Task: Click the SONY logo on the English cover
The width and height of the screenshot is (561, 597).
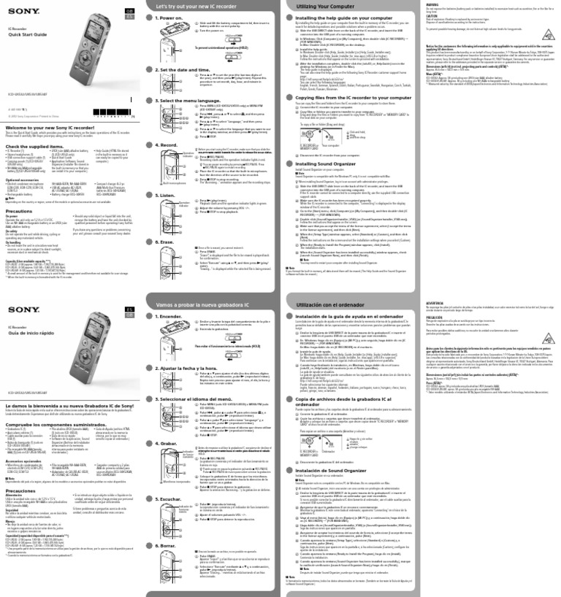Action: pyautogui.click(x=17, y=9)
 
